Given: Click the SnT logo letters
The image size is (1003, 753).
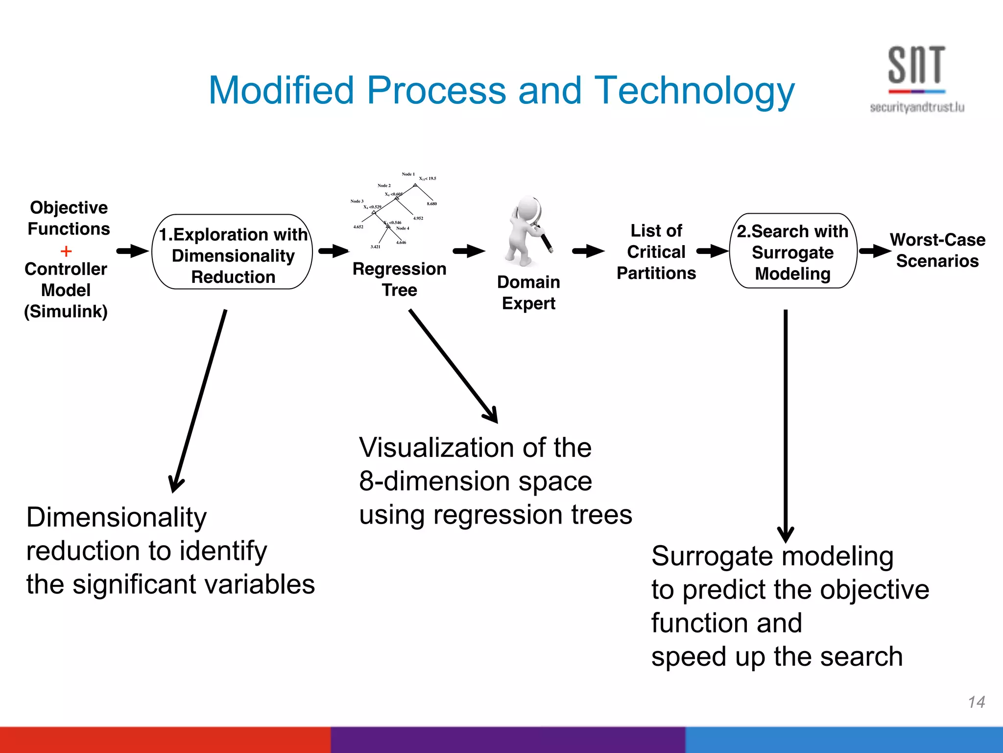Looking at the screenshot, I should pyautogui.click(x=916, y=65).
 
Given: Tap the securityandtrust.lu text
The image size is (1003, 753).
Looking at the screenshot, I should pyautogui.click(x=917, y=107).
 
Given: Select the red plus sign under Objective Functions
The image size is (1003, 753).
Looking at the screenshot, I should pyautogui.click(x=66, y=251).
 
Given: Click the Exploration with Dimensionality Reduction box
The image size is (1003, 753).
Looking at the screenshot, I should pyautogui.click(x=233, y=252).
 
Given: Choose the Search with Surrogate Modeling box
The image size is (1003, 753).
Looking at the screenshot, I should pyautogui.click(x=793, y=251).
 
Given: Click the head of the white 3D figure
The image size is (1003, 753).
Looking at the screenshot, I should pyautogui.click(x=526, y=208).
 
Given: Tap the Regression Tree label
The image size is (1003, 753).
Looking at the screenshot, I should pyautogui.click(x=399, y=279).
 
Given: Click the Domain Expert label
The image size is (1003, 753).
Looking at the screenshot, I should pyautogui.click(x=528, y=293).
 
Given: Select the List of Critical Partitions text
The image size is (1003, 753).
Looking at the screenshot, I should pyautogui.click(x=656, y=251).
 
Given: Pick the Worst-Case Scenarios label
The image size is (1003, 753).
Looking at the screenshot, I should pyautogui.click(x=937, y=250).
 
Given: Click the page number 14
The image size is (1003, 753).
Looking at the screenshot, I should pyautogui.click(x=976, y=702).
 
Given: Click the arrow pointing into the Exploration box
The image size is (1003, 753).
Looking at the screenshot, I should pyautogui.click(x=132, y=251).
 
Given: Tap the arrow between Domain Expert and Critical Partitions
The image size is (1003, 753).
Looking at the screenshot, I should pyautogui.click(x=588, y=251).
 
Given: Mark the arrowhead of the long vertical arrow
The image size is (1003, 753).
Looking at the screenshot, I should pyautogui.click(x=786, y=534).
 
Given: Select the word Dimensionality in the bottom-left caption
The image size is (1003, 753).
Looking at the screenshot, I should pyautogui.click(x=117, y=518).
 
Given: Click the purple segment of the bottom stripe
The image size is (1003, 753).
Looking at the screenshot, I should pyautogui.click(x=507, y=740).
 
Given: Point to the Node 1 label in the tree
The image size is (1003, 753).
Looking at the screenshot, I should pyautogui.click(x=408, y=174).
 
